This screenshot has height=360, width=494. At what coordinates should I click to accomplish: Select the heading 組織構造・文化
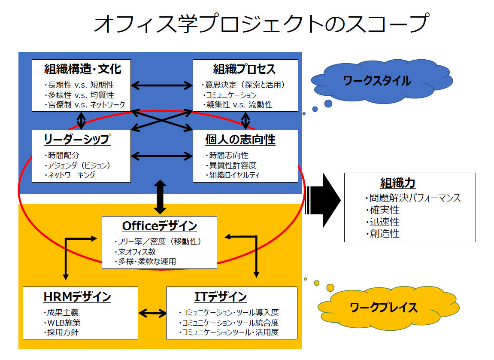pos(82,69)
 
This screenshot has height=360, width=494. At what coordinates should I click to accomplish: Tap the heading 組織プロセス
pos(245,69)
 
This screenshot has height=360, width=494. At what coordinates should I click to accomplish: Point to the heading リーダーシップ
pos(77,139)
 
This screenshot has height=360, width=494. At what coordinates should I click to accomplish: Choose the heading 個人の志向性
pos(240,140)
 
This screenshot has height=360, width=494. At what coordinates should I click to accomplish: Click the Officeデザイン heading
pos(160,226)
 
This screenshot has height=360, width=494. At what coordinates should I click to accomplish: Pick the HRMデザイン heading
pos(77,297)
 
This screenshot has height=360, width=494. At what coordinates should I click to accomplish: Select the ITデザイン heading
pos(221,297)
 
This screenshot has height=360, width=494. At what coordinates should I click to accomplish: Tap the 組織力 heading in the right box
pos(397,183)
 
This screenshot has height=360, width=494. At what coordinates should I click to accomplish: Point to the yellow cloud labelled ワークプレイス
pos(388,308)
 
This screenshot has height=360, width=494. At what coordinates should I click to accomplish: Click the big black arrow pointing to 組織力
pos(323,201)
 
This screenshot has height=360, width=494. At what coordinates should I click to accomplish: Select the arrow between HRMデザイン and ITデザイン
pos(152,313)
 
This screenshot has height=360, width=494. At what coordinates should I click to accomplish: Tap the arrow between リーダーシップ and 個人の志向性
pos(162,156)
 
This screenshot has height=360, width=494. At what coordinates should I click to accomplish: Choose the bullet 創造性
pos(382,234)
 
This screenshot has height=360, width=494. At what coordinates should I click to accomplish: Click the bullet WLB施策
pos(62,323)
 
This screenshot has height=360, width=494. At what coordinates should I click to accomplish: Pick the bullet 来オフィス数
pos(135,252)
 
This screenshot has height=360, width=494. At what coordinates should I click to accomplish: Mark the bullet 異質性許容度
pos(231,165)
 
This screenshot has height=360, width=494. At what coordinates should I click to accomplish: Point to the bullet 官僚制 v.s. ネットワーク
pos(85,105)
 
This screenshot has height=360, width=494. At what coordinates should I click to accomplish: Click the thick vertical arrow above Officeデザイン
pos(160,197)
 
